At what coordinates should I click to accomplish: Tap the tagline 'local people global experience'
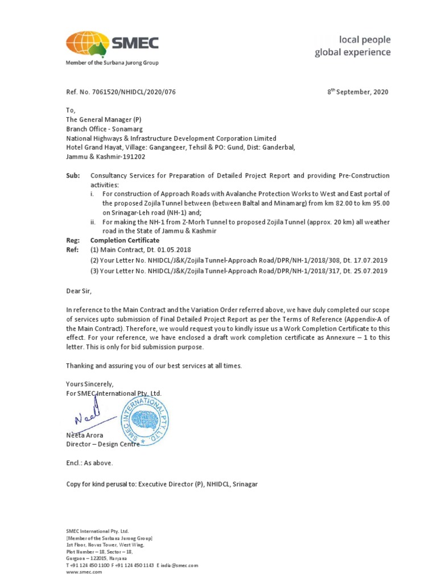click(353, 46)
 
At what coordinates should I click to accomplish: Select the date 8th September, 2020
click(357, 92)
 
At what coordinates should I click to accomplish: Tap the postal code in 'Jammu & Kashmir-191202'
click(133, 157)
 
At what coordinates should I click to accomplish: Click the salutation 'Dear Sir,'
click(79, 291)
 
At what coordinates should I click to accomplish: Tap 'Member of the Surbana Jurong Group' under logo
click(112, 63)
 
